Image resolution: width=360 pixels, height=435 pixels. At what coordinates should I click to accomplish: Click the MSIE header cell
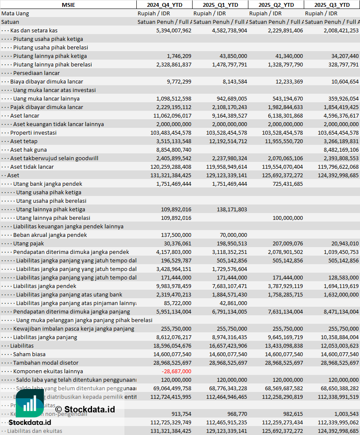tap(68, 5)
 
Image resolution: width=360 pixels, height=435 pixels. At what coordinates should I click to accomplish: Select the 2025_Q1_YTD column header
tap(220, 5)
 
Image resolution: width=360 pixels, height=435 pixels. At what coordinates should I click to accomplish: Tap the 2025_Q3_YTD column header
tap(332, 5)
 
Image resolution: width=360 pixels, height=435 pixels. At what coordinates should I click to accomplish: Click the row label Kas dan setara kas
tap(34, 30)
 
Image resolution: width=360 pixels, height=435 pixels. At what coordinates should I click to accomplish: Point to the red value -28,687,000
tap(176, 371)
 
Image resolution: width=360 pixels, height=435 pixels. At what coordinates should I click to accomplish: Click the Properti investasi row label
tap(33, 133)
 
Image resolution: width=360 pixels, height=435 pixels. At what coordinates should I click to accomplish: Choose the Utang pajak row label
tap(29, 243)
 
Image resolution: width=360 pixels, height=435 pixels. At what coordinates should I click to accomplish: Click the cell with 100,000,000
tap(288, 218)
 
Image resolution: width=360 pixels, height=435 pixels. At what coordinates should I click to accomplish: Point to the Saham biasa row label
tap(29, 354)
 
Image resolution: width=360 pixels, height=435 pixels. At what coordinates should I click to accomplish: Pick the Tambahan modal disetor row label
tap(46, 363)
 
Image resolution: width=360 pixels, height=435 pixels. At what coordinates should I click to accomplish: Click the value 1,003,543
tap(344, 414)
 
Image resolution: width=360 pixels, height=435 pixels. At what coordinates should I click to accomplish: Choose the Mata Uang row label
tap(15, 13)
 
